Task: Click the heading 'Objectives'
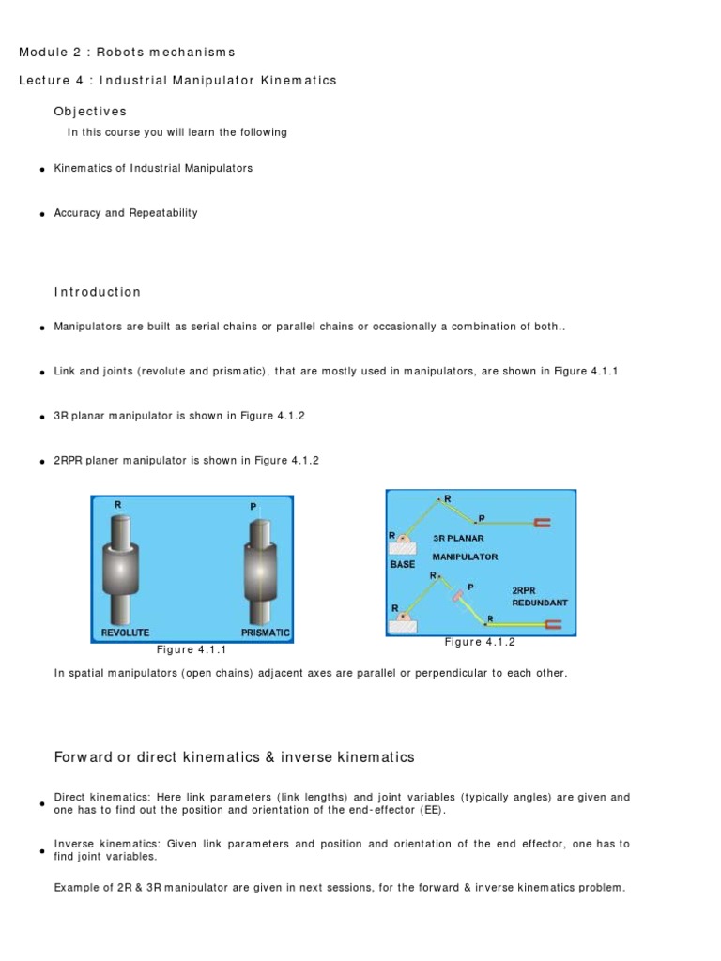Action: [x=90, y=112]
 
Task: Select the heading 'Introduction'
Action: [x=98, y=292]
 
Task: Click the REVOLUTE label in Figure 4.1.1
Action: [x=125, y=633]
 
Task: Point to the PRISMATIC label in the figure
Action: [x=265, y=633]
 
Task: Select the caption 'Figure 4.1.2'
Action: [x=480, y=642]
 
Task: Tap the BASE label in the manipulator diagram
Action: [x=403, y=565]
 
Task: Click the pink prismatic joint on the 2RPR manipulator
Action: [x=455, y=593]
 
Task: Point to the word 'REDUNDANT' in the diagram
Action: [x=540, y=603]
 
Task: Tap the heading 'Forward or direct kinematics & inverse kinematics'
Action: [x=234, y=756]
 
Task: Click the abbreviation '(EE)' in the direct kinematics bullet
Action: [x=434, y=810]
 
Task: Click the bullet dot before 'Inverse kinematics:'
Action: [x=43, y=851]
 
